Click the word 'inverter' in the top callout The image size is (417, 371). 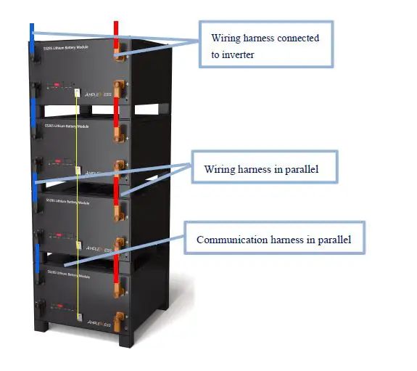239,54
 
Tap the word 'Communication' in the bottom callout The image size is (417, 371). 230,239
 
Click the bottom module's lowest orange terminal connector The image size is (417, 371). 118,317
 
